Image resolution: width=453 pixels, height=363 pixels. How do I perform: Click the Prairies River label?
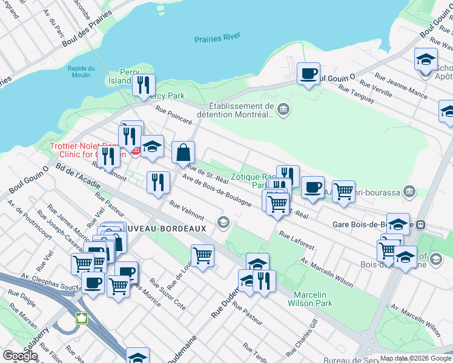pyautogui.click(x=217, y=39)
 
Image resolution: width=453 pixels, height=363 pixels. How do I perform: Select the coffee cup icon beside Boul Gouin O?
pyautogui.click(x=309, y=74)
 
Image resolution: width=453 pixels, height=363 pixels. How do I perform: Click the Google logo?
pyautogui.click(x=20, y=355)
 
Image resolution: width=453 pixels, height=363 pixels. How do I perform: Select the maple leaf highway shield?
pyautogui.click(x=80, y=318)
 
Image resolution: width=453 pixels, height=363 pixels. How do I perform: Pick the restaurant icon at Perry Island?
pyautogui.click(x=144, y=85)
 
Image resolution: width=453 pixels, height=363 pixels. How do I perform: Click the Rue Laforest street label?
pyautogui.click(x=297, y=240)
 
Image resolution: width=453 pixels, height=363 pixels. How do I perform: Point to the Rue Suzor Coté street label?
pyautogui.click(x=168, y=293)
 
